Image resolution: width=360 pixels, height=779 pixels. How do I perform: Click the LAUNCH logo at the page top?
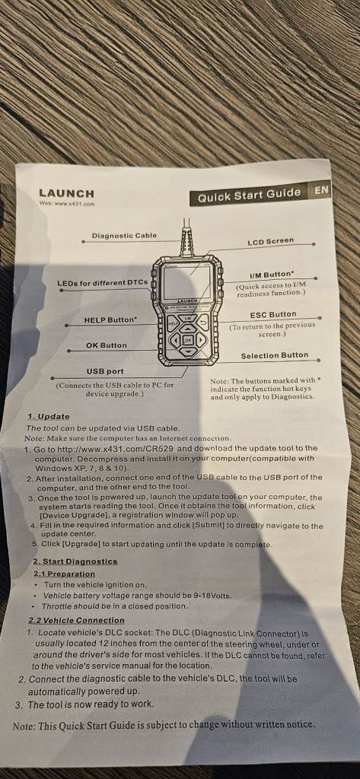pyautogui.click(x=66, y=193)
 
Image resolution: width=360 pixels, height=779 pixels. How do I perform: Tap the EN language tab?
pyautogui.click(x=320, y=189)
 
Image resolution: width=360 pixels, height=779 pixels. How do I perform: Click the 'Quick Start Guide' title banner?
pyautogui.click(x=249, y=195)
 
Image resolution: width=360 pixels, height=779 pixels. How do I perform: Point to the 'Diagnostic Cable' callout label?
pyautogui.click(x=124, y=236)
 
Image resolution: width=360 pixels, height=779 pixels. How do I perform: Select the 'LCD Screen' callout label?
pyautogui.click(x=271, y=241)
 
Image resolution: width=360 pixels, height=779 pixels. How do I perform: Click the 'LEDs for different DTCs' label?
pyautogui.click(x=103, y=283)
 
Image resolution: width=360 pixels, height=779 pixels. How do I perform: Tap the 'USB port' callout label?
pyautogui.click(x=106, y=371)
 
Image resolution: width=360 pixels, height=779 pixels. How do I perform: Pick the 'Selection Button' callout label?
pyautogui.click(x=275, y=356)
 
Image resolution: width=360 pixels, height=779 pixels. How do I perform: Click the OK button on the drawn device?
pyautogui.click(x=188, y=340)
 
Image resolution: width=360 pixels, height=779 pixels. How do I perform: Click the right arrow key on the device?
pyautogui.click(x=200, y=340)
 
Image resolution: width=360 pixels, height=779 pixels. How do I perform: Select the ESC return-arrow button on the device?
pyautogui.click(x=203, y=323)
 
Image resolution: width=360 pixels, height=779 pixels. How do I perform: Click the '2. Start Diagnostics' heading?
pyautogui.click(x=75, y=561)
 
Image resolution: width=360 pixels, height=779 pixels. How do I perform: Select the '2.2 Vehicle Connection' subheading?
pyautogui.click(x=76, y=621)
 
